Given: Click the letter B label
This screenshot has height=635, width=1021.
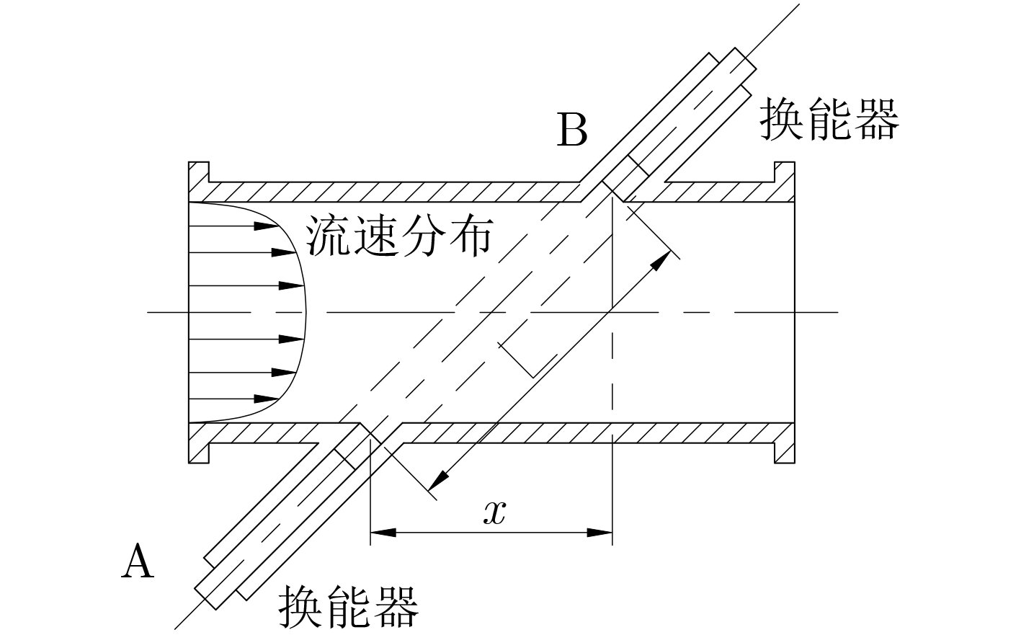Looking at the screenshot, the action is [572, 130].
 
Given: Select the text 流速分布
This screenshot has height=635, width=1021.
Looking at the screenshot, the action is [400, 236].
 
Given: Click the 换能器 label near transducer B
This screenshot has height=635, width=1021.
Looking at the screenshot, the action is [829, 118].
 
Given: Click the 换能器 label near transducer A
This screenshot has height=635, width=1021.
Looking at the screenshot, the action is [349, 607].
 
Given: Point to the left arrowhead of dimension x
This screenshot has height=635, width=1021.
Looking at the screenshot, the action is [383, 533].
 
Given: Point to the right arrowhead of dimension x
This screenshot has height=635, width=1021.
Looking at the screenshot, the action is [599, 533].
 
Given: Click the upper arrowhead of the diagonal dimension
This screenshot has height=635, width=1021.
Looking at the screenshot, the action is [660, 260].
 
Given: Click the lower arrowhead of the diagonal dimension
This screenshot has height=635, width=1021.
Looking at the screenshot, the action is [439, 480].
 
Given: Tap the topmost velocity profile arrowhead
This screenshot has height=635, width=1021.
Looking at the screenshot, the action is [266, 226].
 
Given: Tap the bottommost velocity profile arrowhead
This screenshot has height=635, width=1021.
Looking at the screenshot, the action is [266, 399].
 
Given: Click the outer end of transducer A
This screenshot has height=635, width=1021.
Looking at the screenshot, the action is [206, 598].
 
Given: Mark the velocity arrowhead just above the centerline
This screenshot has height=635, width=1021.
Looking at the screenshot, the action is [291, 286].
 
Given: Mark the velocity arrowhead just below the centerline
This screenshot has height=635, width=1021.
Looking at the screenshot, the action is [291, 339].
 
